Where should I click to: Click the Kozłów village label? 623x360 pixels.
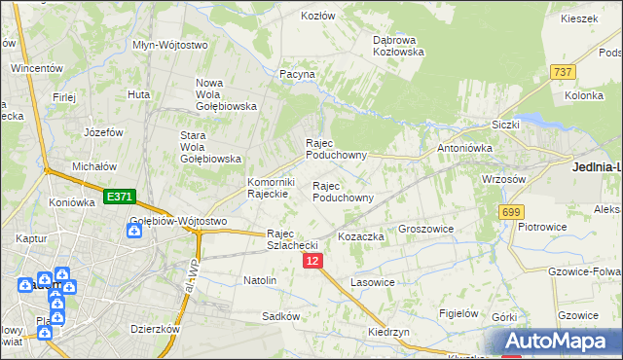(317, 17)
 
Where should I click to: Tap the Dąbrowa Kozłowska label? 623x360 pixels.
(399, 46)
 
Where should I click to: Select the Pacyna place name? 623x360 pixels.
(297, 74)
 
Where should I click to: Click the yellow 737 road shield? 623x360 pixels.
(562, 72)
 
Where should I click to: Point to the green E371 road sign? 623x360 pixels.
(118, 197)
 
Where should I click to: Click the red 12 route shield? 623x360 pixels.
(311, 261)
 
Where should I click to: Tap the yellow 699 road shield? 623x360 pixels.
(510, 211)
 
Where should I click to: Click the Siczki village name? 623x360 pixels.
(506, 125)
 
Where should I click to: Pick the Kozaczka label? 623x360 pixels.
(361, 236)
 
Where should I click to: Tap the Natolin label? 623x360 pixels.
(260, 280)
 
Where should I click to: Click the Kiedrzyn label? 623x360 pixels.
(387, 331)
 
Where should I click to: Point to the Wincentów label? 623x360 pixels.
(37, 69)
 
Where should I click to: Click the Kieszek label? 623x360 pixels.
(578, 18)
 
